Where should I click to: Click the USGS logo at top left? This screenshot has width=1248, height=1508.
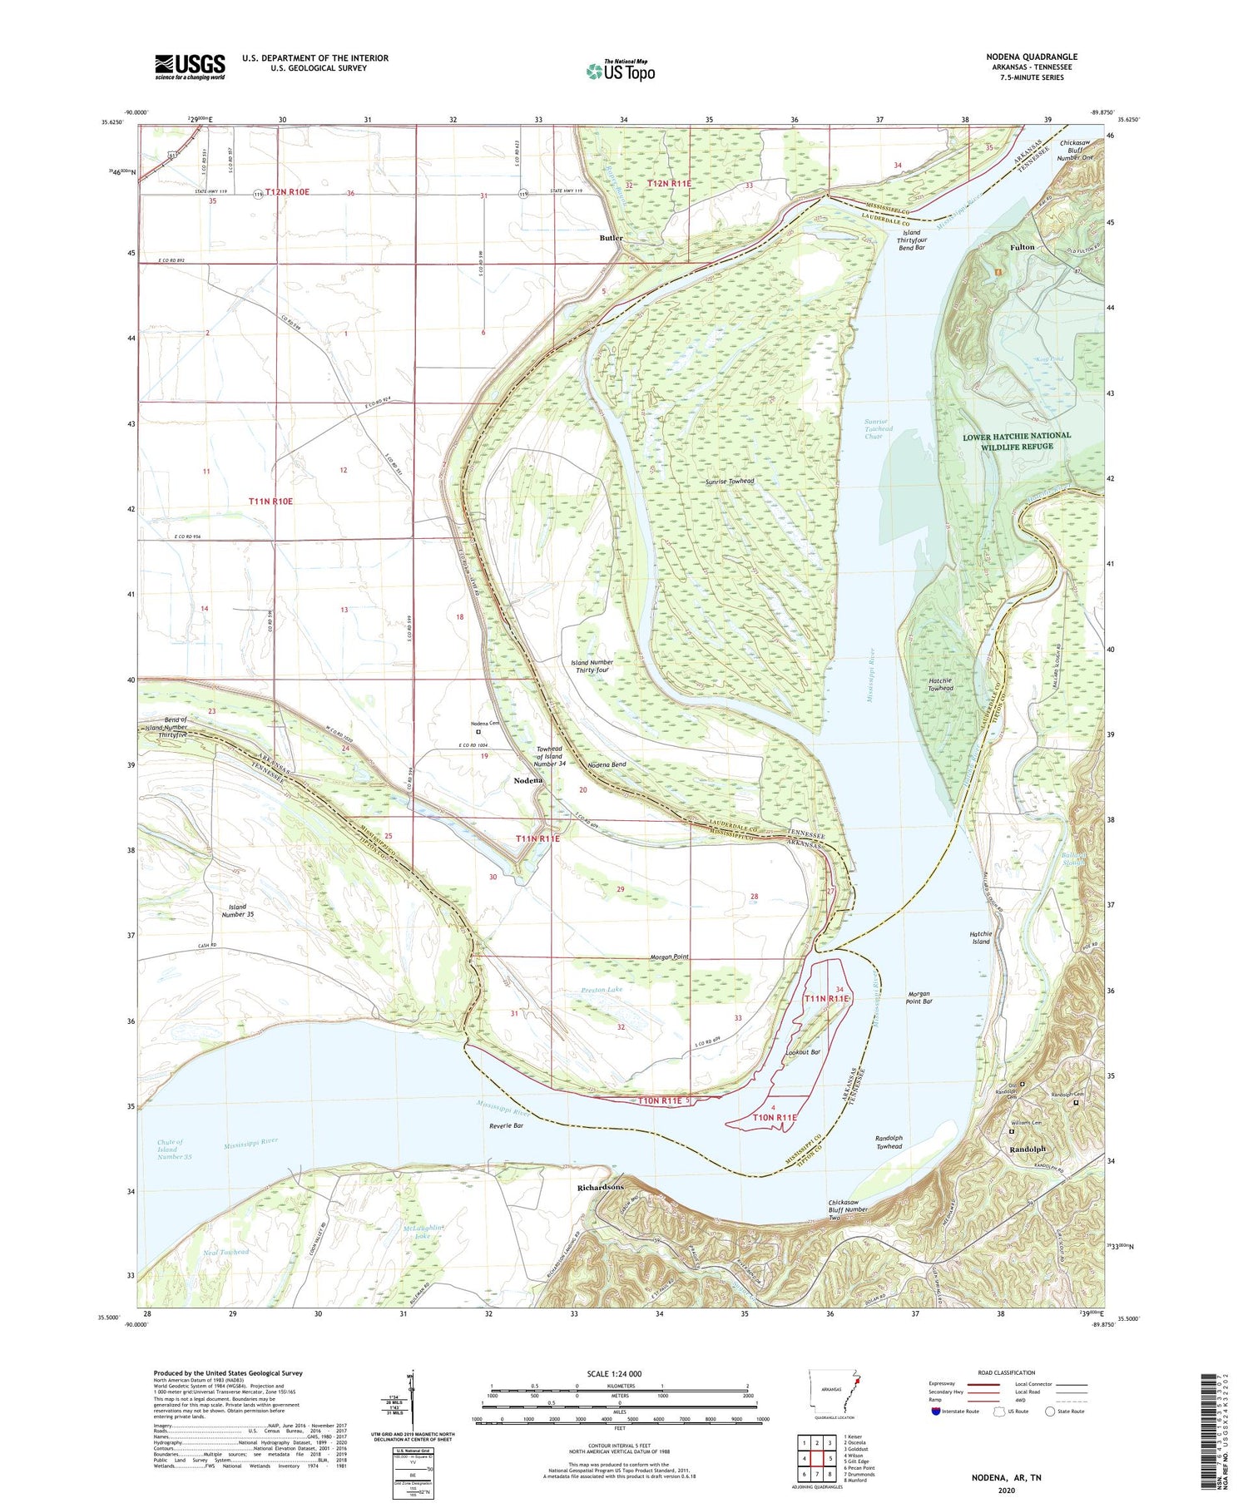click(x=190, y=67)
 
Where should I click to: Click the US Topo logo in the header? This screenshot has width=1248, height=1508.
click(x=620, y=71)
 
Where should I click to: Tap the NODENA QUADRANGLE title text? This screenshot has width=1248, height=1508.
click(x=1031, y=57)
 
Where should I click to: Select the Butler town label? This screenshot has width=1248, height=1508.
click(x=611, y=238)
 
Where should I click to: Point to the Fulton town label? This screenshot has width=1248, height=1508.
click(x=1022, y=247)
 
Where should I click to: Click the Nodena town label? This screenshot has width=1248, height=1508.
click(x=527, y=780)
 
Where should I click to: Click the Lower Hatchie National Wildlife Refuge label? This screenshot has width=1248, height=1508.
click(x=1017, y=441)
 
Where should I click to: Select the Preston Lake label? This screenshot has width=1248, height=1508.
click(x=602, y=989)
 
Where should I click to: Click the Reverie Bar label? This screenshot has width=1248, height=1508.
click(x=506, y=1126)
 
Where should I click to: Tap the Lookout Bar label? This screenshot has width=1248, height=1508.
click(x=803, y=1052)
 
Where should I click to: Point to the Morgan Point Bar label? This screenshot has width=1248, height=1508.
click(x=919, y=997)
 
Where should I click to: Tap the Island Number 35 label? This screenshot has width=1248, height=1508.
click(x=237, y=910)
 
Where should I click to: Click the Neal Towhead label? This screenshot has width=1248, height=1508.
click(x=225, y=1275)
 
